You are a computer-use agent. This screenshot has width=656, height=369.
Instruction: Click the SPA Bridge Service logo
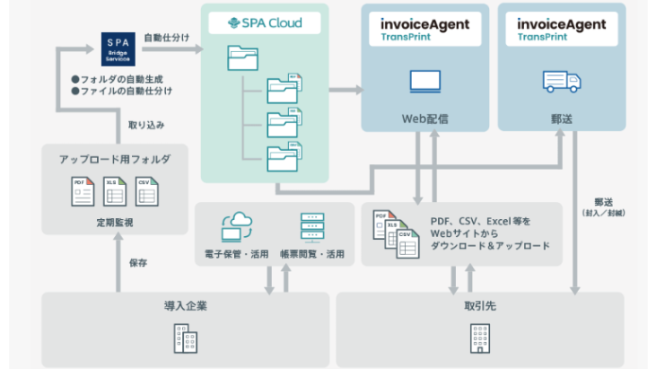coord(118,48)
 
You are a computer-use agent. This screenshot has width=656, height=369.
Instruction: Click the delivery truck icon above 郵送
coord(561,82)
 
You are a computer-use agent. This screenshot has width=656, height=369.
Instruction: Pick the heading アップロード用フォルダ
coord(115,159)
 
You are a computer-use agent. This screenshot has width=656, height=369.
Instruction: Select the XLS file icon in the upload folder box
coord(115,191)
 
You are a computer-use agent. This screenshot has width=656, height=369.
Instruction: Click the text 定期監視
coord(115,222)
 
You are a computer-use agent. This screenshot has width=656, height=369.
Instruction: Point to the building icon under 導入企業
coord(187,340)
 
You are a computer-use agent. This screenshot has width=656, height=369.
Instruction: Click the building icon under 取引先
coord(480,340)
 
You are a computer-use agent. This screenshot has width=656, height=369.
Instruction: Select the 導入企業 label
coord(187,307)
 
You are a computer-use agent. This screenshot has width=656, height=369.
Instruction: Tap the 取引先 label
coord(480,307)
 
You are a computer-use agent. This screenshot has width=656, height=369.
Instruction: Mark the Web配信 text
coord(424,117)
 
